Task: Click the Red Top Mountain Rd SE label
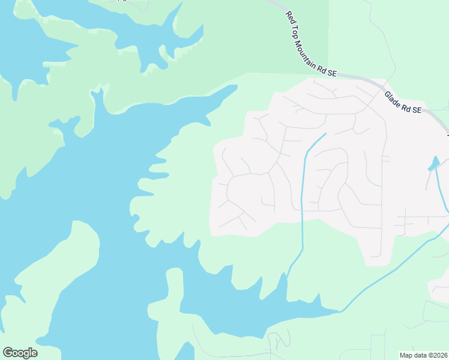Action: coord(311,44)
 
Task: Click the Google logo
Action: coord(20,353)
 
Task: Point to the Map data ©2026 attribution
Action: coord(424,355)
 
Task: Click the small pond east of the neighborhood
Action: coord(434,164)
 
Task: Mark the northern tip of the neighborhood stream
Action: coord(325,134)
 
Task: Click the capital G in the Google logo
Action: coord(8,353)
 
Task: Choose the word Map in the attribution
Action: coord(407,355)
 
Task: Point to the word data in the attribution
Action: coord(421,355)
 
